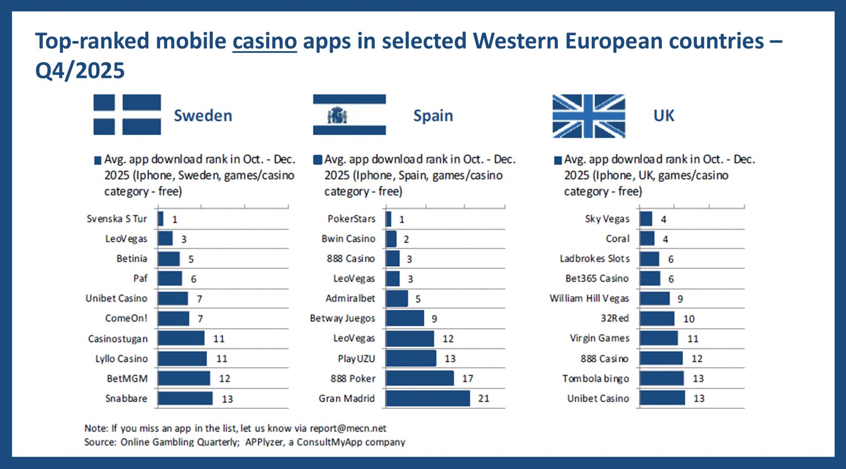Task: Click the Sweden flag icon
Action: point(127,114)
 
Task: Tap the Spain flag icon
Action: point(349,114)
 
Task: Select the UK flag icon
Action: point(589,116)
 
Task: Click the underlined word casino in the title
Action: point(264,41)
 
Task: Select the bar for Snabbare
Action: point(185,399)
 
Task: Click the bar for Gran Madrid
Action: point(428,399)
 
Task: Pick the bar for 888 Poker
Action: point(420,378)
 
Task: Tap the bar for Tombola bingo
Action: point(662,378)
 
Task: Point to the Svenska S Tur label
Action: point(117,219)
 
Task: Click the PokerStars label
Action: point(351,219)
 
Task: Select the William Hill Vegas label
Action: point(589,299)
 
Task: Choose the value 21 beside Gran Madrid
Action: point(483,399)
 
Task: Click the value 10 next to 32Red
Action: point(689,319)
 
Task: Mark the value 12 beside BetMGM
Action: point(224,379)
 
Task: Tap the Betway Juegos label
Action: point(342,318)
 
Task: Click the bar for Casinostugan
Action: point(181,339)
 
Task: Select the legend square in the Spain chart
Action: point(318,160)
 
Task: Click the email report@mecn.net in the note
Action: point(348,428)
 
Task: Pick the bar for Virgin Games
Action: point(659,339)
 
